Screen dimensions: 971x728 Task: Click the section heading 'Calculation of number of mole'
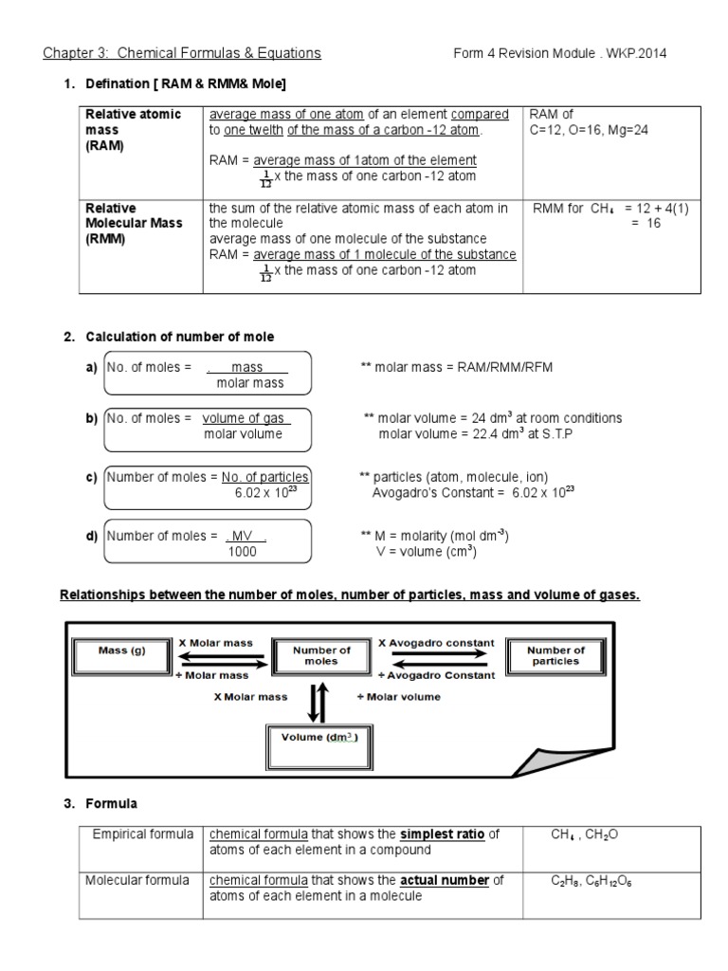click(180, 337)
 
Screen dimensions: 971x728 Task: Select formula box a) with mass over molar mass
click(209, 375)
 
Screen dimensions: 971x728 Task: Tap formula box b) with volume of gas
click(209, 426)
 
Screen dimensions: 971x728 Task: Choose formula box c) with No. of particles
click(209, 485)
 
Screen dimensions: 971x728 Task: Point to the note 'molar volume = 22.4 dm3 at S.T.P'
click(476, 434)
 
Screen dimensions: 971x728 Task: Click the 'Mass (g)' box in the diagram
click(120, 651)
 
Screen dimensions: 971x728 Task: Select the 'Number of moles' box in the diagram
click(321, 656)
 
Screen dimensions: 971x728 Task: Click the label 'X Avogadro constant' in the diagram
click(436, 642)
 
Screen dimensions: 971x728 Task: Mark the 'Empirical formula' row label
click(138, 834)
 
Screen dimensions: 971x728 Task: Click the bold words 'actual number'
click(445, 881)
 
